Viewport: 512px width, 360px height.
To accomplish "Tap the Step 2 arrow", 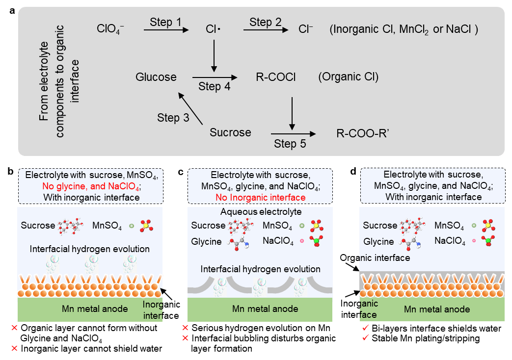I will coord(266,30).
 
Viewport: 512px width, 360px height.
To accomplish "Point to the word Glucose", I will coord(156,77).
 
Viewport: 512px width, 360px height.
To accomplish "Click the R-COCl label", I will coord(276,77).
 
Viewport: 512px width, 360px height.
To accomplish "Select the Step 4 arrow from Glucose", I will coord(215,77).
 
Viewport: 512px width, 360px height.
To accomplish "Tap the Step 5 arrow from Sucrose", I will coord(293,133).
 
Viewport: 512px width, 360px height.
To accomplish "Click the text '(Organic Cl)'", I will coord(348,77).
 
